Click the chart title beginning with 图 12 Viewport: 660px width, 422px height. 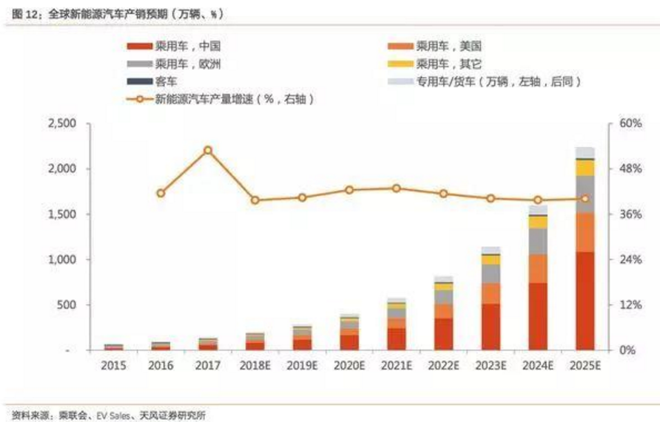[118, 13]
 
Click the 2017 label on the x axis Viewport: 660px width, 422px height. [208, 366]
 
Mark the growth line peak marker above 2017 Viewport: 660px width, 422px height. [208, 150]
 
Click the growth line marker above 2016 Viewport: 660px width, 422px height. [161, 193]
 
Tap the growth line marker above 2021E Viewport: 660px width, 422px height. [397, 188]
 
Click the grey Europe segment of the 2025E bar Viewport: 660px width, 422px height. [585, 194]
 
